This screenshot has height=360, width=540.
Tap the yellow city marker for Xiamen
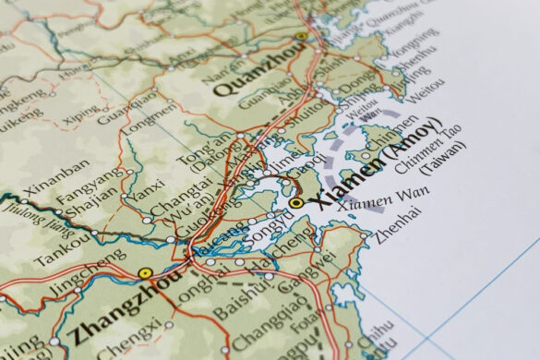click(x=296, y=202)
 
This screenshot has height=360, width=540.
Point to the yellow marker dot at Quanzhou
click(x=300, y=37)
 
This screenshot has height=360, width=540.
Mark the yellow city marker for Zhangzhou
click(x=144, y=273)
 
